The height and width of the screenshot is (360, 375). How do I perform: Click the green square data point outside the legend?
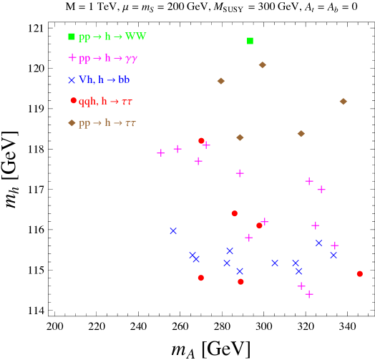click(250, 41)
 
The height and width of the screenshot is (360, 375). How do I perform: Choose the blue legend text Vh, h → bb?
click(104, 80)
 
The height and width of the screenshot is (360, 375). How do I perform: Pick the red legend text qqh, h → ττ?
click(105, 102)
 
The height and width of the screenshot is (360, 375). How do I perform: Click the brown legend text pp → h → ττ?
click(107, 123)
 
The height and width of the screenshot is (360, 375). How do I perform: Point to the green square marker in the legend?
click(72, 37)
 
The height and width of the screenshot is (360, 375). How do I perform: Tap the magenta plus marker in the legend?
click(72, 57)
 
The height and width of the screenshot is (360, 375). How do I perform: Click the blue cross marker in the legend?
click(72, 80)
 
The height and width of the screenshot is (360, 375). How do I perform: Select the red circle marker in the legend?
click(73, 101)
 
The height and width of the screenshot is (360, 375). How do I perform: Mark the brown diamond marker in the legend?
click(72, 123)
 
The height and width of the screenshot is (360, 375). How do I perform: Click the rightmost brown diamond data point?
click(344, 102)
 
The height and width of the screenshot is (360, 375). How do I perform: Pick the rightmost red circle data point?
click(360, 274)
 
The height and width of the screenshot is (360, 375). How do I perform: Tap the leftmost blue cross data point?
click(173, 231)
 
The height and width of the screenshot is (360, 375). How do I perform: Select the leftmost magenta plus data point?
click(160, 153)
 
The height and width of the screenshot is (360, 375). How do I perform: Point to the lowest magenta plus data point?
click(309, 294)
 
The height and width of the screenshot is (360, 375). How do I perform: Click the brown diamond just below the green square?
click(263, 65)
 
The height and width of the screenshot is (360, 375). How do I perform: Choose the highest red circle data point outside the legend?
click(201, 141)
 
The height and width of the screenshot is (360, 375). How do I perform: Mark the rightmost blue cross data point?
click(333, 256)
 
